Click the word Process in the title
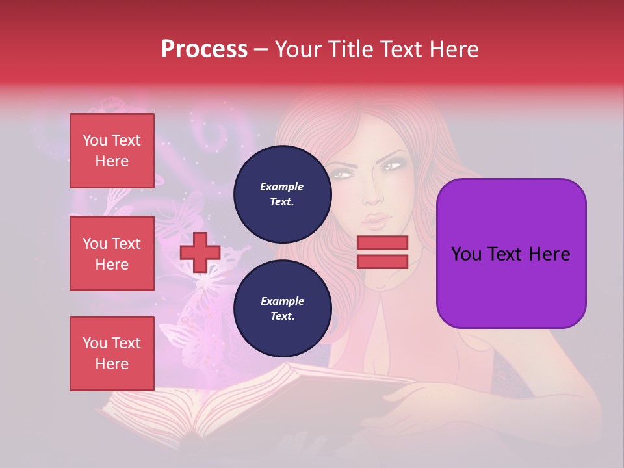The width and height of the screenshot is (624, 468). tap(204, 49)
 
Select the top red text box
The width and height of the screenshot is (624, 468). tap(112, 151)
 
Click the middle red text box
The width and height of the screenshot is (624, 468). tap(112, 253)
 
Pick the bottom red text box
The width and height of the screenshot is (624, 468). tap(112, 354)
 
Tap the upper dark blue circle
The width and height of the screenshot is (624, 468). tap(282, 194)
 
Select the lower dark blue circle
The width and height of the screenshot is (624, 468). tap(282, 309)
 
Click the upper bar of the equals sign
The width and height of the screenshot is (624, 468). tap(382, 242)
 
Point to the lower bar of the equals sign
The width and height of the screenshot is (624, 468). tap(382, 261)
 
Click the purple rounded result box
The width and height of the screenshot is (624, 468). tap(511, 253)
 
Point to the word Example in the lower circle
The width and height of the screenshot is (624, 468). tap(282, 301)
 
